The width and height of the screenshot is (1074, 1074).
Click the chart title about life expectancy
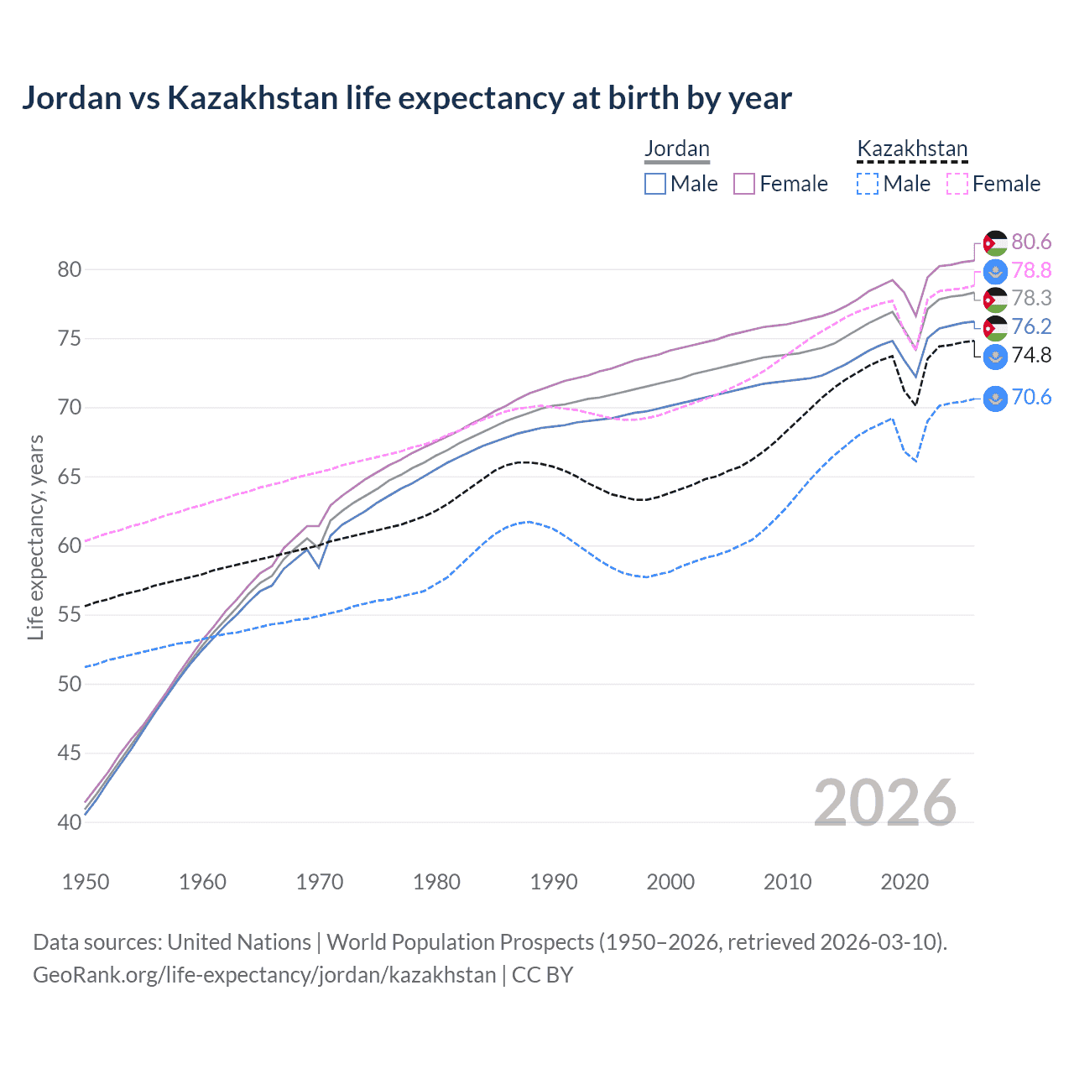coord(406,98)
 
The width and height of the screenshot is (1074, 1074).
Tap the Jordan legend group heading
coord(676,149)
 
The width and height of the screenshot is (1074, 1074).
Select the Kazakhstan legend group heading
coord(912,149)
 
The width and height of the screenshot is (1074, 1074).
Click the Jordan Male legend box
coord(655,184)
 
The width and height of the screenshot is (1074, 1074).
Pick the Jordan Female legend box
coord(744,184)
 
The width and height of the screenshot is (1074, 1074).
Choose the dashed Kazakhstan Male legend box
coord(868,184)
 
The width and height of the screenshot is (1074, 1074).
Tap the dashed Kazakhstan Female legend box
coord(957,184)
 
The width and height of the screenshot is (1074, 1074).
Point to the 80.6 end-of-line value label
coord(1031,242)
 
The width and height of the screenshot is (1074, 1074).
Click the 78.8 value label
coord(1031,270)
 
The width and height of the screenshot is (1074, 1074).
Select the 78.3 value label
coord(1031,299)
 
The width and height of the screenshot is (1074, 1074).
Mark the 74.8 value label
coord(1031,355)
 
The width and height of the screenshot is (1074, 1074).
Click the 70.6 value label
coord(1031,397)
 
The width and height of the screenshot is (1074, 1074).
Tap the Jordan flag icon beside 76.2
coord(995,327)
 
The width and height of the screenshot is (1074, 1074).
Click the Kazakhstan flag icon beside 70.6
coord(995,398)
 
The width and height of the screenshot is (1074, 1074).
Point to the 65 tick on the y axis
coord(70,477)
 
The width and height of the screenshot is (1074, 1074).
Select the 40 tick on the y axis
coord(70,822)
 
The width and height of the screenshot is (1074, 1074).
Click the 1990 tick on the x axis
coord(554,882)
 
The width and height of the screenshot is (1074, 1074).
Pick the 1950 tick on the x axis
coord(86,882)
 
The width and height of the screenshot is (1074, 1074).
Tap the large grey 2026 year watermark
coord(885,803)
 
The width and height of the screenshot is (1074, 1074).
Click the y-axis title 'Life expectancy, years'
coord(35,537)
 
